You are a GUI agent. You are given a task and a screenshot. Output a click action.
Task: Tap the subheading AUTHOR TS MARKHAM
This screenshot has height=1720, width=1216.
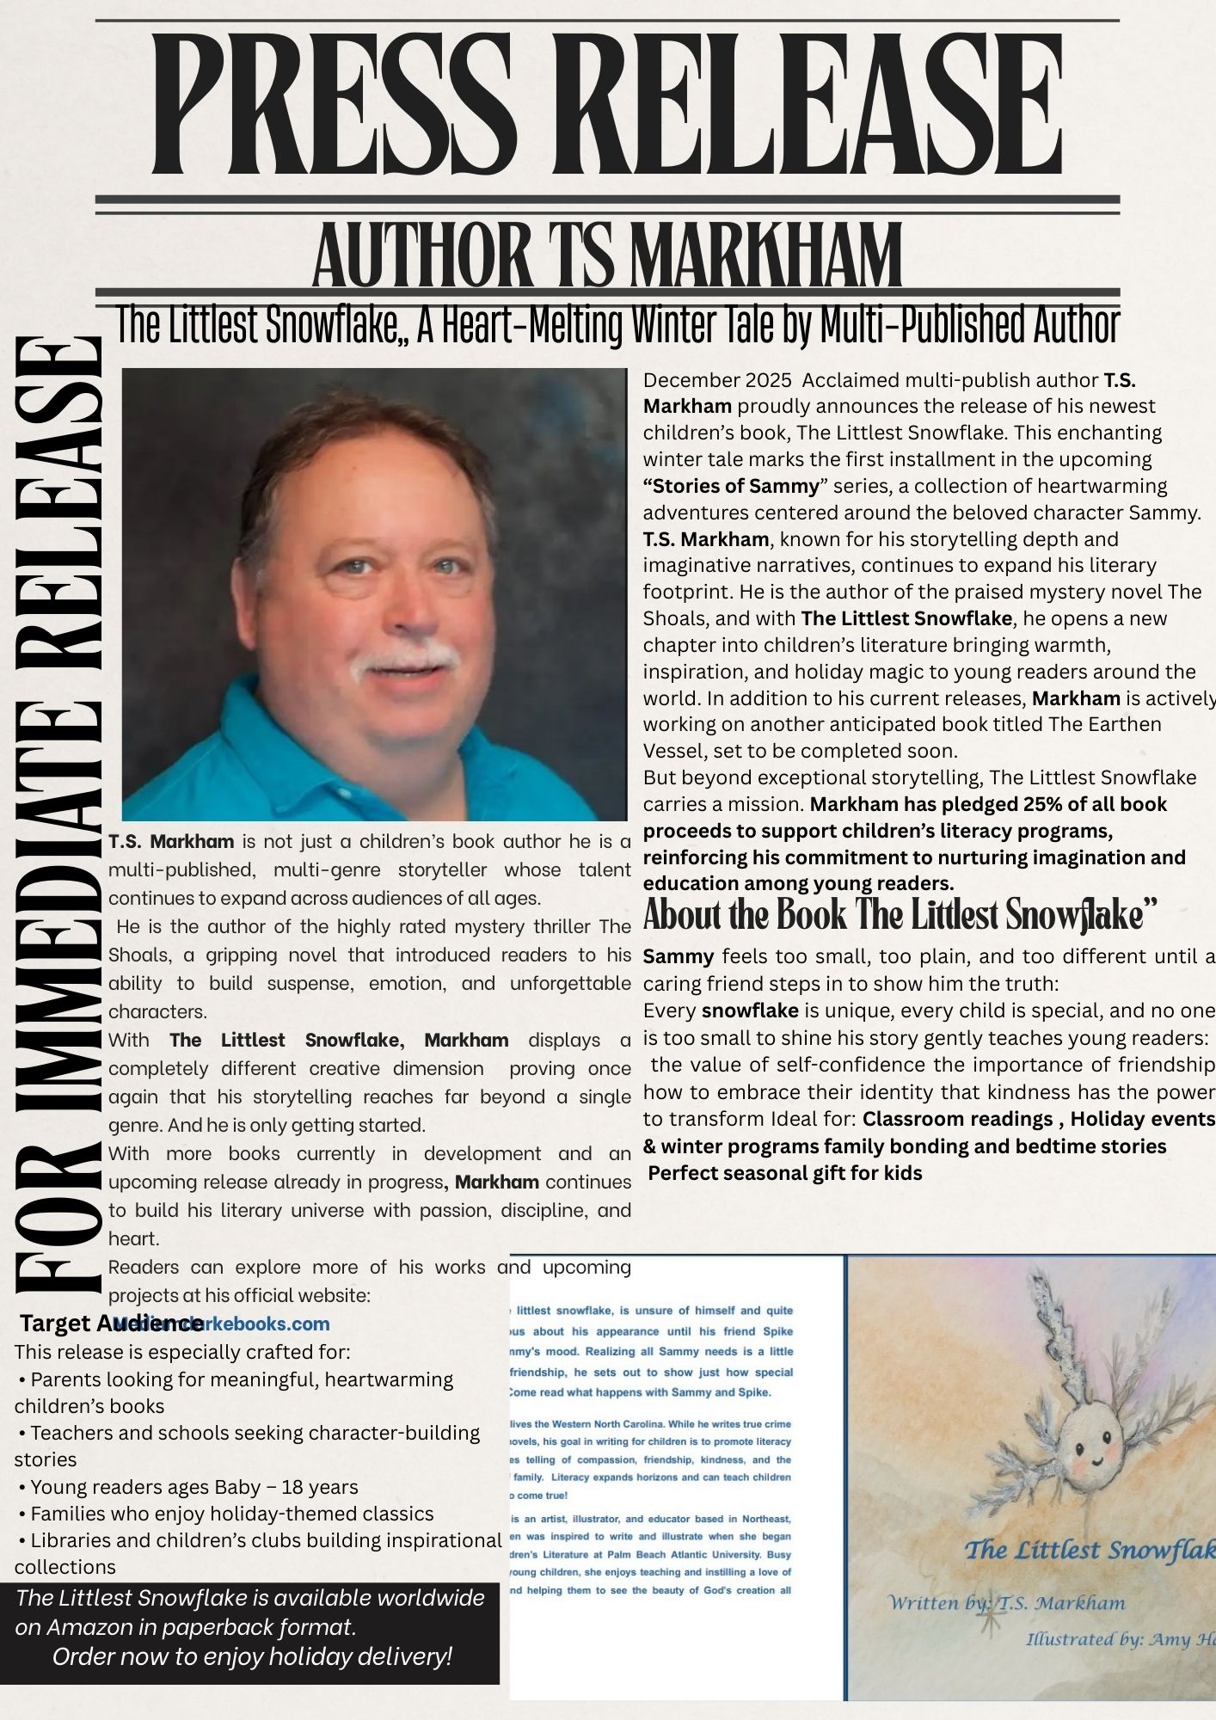pyautogui.click(x=607, y=255)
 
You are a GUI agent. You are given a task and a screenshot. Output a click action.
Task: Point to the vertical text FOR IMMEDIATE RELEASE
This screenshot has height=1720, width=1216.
pyautogui.click(x=58, y=817)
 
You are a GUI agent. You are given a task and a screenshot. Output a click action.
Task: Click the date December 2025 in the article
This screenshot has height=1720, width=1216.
pyautogui.click(x=717, y=380)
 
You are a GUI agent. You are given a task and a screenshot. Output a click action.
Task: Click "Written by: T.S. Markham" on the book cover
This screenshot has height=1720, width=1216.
pyautogui.click(x=1006, y=1603)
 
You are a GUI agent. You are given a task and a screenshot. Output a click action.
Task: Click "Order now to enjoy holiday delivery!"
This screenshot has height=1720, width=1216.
pyautogui.click(x=251, y=1656)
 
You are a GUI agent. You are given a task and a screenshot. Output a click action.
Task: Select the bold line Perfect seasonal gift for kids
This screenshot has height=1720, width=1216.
pyautogui.click(x=784, y=1173)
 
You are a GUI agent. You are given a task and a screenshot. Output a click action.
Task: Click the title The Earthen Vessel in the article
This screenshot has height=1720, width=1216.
pyautogui.click(x=1105, y=724)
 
